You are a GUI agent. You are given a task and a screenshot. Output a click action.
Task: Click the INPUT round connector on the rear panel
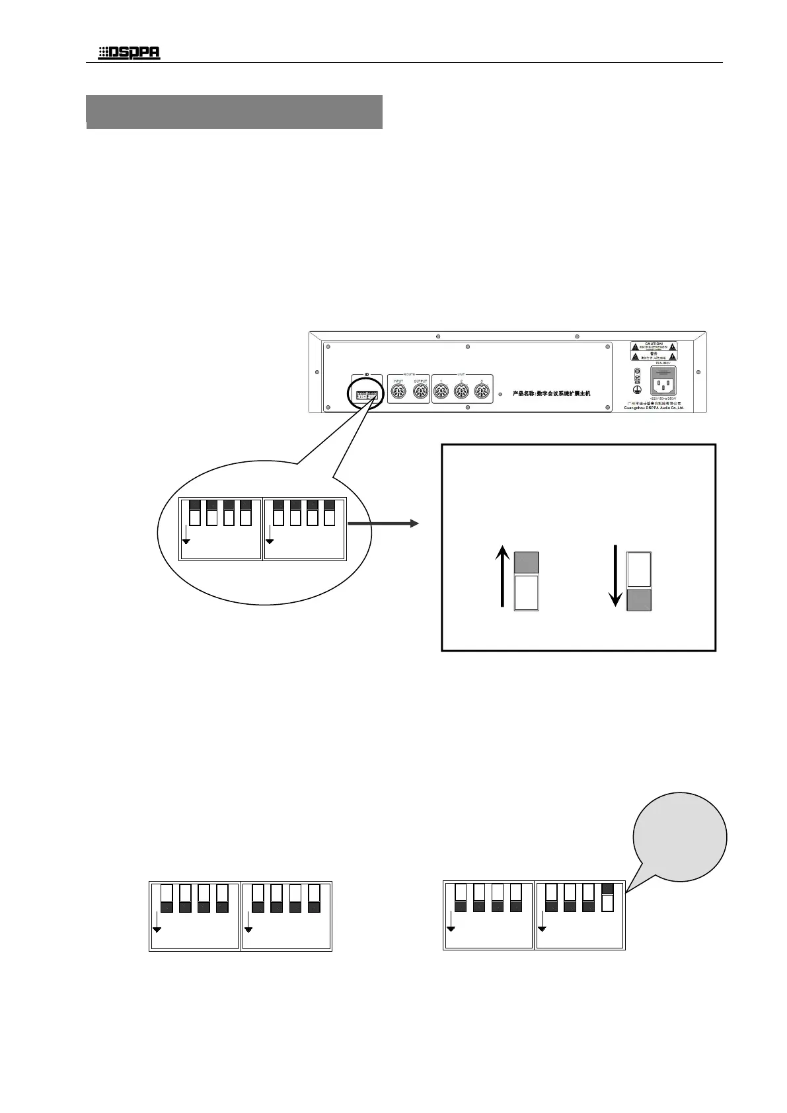pos(399,393)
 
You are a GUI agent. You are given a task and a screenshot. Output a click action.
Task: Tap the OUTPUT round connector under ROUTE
pos(421,393)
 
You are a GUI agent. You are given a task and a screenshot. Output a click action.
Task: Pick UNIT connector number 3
pos(483,393)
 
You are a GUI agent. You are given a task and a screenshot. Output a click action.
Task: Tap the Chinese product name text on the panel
pos(551,393)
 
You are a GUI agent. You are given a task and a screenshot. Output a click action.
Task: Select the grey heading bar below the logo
pos(235,111)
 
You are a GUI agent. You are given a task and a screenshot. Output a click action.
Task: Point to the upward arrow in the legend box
pos(502,576)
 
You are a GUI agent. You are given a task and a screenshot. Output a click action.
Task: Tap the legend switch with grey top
pos(527,581)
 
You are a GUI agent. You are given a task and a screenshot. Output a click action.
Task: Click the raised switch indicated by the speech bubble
pos(607,897)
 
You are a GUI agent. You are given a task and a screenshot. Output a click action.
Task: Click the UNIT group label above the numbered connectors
pos(461,374)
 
